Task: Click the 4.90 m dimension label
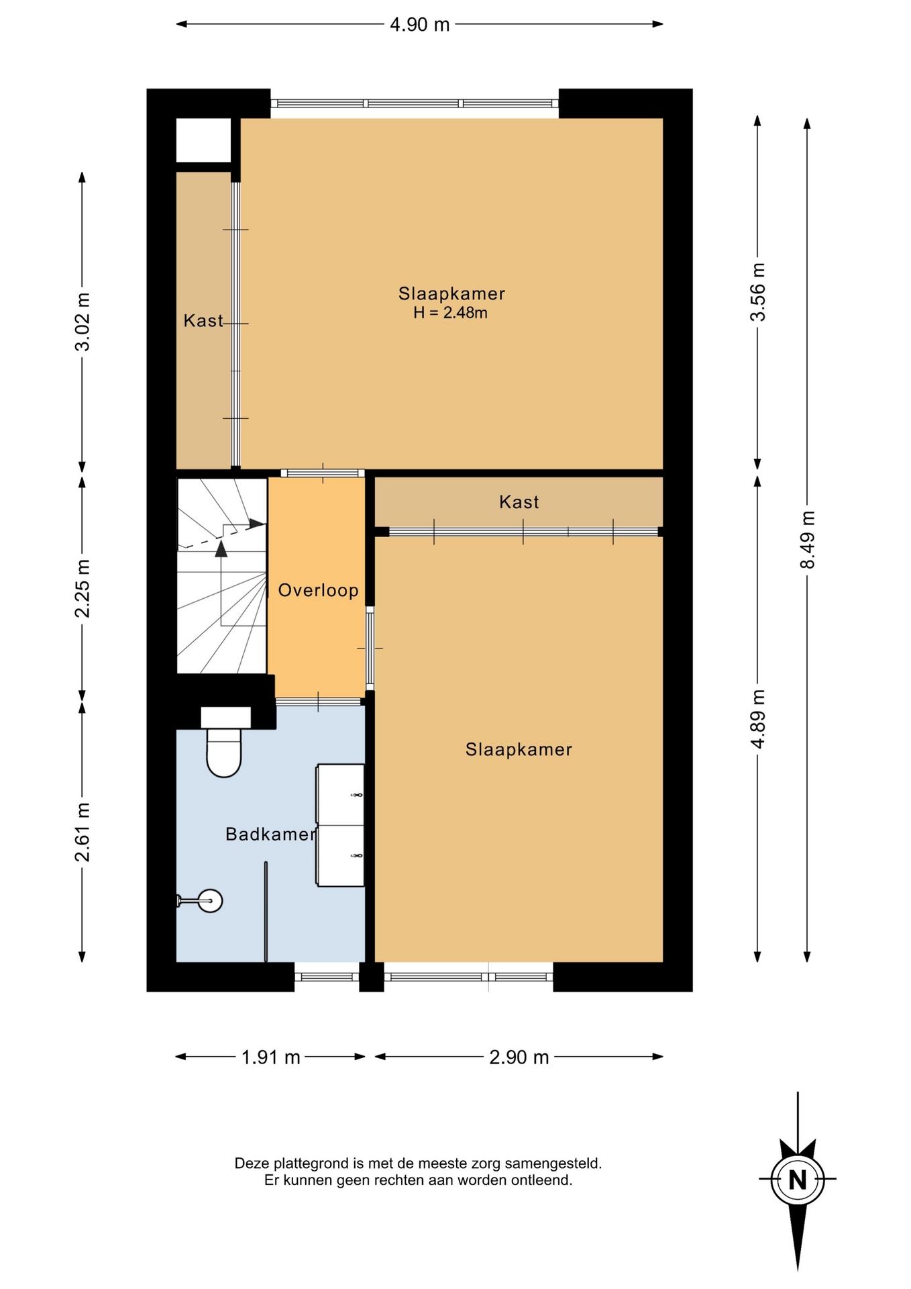tap(419, 25)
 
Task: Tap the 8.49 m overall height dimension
tap(807, 540)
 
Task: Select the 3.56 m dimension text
tap(757, 292)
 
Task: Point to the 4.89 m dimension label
tap(757, 719)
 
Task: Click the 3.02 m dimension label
tap(83, 322)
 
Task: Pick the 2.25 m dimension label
tap(83, 588)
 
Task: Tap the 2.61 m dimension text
tap(83, 832)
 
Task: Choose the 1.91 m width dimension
tap(270, 1057)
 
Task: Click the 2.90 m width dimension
tap(519, 1057)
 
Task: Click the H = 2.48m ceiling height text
tap(450, 313)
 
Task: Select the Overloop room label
tap(318, 590)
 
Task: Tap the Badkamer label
tap(270, 834)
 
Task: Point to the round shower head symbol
tap(211, 900)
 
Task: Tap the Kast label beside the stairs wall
tap(203, 321)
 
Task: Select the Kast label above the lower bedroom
tap(519, 502)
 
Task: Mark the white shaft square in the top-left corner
tap(203, 140)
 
